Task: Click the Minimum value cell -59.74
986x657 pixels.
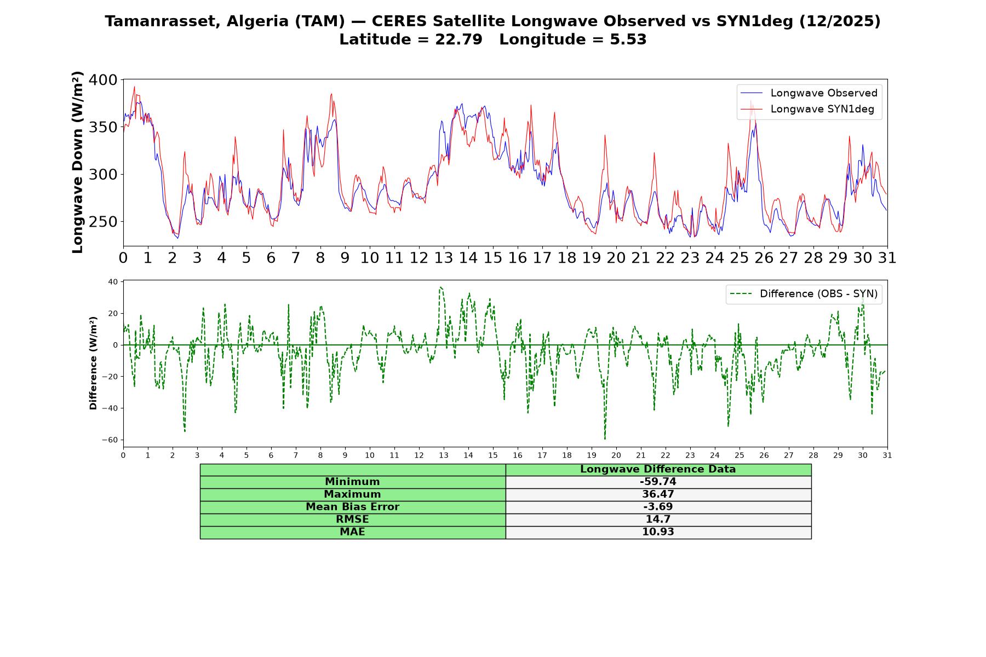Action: pyautogui.click(x=658, y=482)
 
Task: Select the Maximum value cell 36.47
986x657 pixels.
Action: pyautogui.click(x=658, y=494)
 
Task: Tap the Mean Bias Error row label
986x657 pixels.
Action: pyautogui.click(x=352, y=507)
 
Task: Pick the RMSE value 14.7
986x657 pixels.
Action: pyautogui.click(x=658, y=520)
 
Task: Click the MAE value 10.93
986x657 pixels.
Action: pyautogui.click(x=658, y=532)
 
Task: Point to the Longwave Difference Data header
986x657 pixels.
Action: pyautogui.click(x=658, y=469)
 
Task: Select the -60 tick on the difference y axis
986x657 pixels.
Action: pyautogui.click(x=110, y=440)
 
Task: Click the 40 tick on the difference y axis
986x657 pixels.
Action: pyautogui.click(x=113, y=282)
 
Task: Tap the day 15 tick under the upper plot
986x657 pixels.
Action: pyautogui.click(x=492, y=258)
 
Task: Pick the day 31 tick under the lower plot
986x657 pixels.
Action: pyautogui.click(x=887, y=456)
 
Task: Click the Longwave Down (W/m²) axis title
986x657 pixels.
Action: pyautogui.click(x=78, y=162)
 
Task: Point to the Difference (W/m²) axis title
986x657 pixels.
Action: pyautogui.click(x=94, y=363)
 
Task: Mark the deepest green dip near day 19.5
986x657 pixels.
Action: pyautogui.click(x=605, y=439)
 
